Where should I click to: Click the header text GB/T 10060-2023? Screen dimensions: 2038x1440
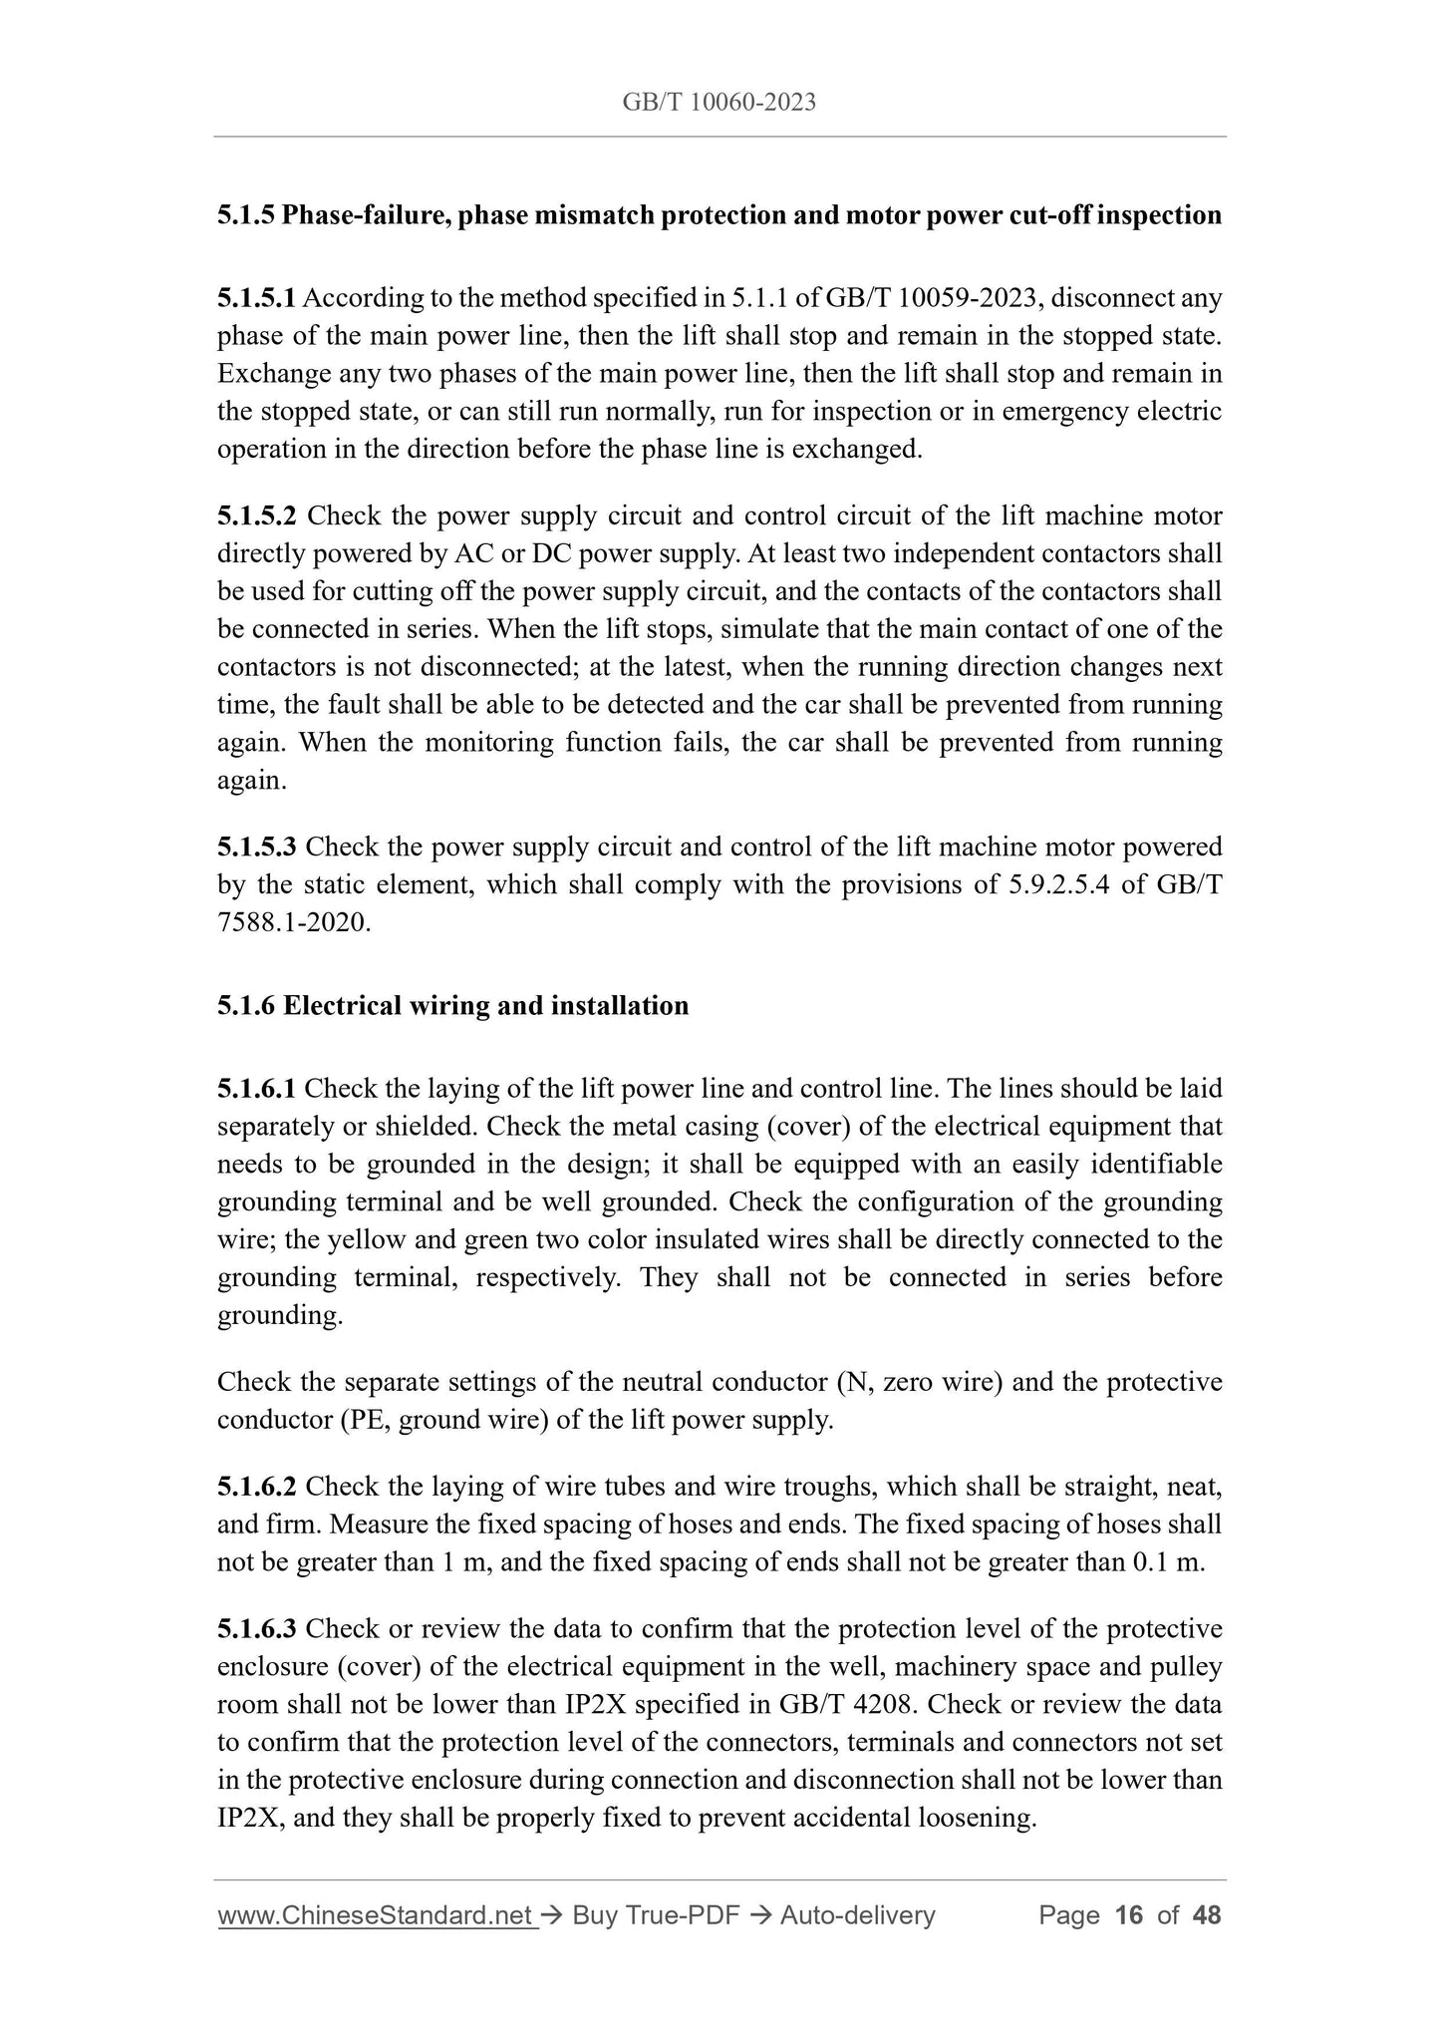pos(719,102)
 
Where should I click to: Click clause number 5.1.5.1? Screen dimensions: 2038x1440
pos(256,298)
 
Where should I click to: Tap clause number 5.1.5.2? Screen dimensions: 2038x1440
pos(256,516)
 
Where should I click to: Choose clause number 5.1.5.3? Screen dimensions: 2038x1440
pos(256,848)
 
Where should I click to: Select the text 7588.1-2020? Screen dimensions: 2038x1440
pos(293,923)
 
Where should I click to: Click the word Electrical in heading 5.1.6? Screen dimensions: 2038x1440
pos(344,1005)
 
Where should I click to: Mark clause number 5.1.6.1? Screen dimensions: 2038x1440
pos(256,1089)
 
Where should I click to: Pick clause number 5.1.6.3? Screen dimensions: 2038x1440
pos(256,1629)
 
